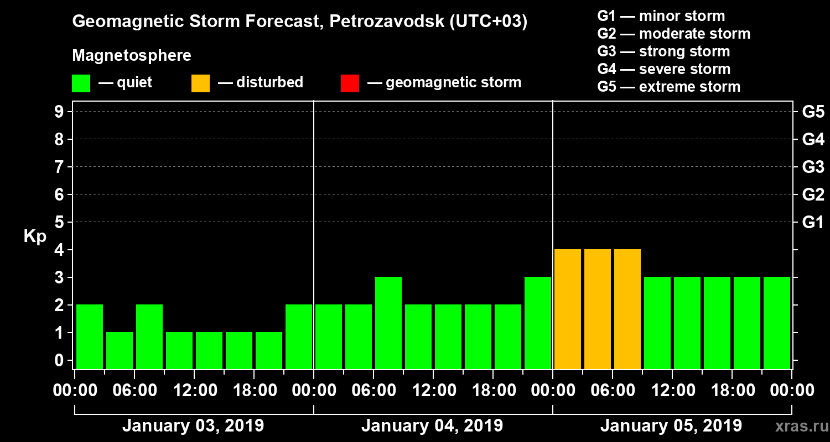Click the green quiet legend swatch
pos(81,83)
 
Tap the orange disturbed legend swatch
pos(200,83)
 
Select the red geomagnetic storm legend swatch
pos(350,83)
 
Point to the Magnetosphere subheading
pos(132,56)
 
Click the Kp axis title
pos(35,236)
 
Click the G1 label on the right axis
pos(813,222)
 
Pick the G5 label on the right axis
pos(813,112)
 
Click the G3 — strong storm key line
pos(663,51)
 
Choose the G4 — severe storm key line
pos(664,69)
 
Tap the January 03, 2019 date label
pos(193,426)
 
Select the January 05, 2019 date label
pos(671,426)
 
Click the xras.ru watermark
pos(798,426)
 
